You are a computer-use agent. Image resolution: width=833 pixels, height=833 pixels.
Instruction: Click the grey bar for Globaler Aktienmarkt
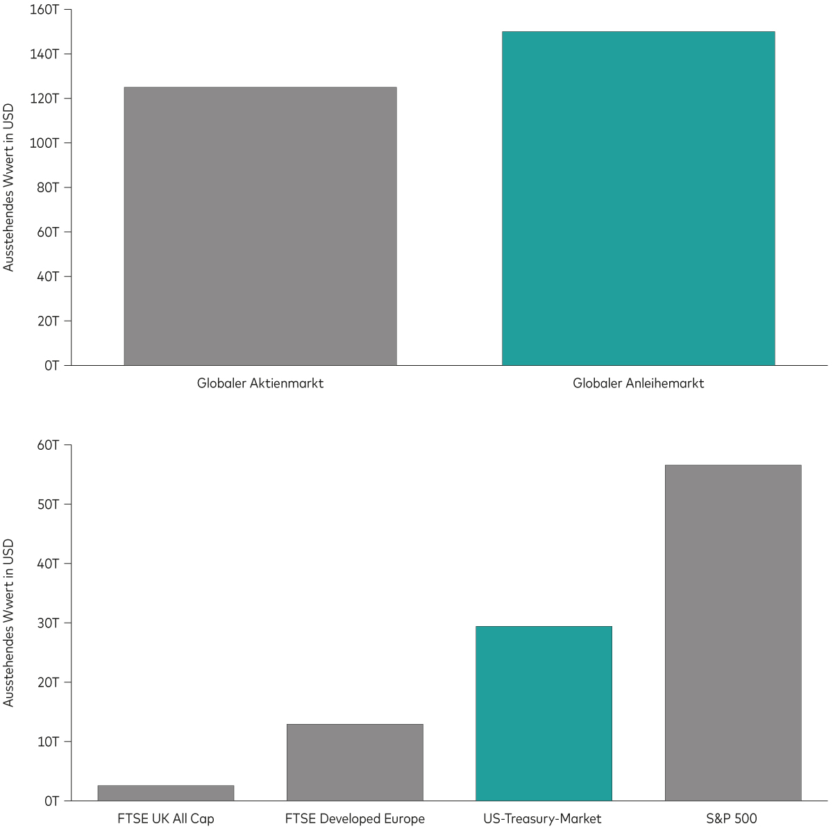point(260,226)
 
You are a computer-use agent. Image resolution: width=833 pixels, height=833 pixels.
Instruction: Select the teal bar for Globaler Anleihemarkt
point(638,198)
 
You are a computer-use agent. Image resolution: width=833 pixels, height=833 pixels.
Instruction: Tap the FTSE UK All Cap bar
point(166,793)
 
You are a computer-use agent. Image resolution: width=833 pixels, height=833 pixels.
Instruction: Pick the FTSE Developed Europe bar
point(355,762)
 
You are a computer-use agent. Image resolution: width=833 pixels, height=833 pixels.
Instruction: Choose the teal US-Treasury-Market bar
point(544,713)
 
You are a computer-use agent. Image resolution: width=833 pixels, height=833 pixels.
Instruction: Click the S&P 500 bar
point(733,632)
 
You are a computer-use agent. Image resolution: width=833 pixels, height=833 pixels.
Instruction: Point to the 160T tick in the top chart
point(45,10)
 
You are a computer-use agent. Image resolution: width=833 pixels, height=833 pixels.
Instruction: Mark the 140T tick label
point(45,54)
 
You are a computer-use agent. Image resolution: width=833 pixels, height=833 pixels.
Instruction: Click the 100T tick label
point(45,143)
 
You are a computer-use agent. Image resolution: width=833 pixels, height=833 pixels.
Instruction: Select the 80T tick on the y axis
point(48,187)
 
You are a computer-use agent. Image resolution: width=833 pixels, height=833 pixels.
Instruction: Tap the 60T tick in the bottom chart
point(48,445)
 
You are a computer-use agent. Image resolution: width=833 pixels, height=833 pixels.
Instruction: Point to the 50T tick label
point(48,504)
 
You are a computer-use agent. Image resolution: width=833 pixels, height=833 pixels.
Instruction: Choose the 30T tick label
point(48,623)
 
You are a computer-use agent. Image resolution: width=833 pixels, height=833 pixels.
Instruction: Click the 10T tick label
point(48,741)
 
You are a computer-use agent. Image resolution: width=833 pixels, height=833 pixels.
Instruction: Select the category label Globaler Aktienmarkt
point(260,383)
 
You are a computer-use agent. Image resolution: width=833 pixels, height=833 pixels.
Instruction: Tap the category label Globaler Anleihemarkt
point(638,383)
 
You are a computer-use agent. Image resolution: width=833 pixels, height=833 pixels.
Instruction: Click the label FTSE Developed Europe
point(355,819)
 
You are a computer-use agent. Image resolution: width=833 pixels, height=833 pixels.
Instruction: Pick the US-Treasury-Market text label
point(542,819)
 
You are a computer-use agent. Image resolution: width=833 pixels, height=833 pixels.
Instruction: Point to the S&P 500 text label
point(732,819)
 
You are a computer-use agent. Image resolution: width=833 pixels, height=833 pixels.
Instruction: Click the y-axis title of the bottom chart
point(9,623)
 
